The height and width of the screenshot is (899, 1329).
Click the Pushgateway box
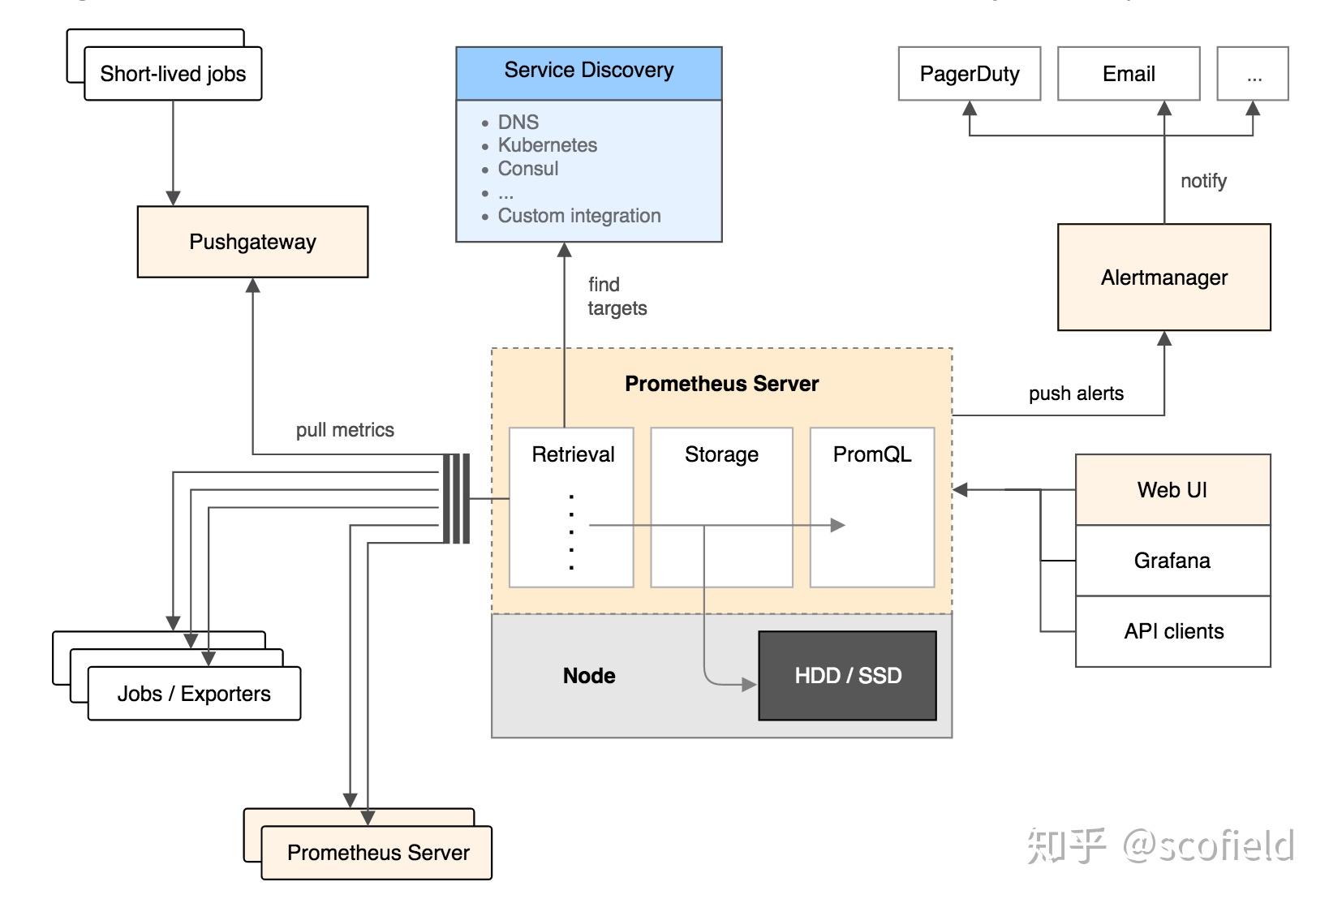252,242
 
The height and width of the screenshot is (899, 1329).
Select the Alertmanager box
1163,277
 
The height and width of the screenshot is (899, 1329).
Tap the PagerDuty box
969,74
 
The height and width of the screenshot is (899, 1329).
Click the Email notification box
1128,74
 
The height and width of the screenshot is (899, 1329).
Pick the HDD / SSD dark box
847,676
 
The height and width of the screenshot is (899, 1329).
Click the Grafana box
1172,561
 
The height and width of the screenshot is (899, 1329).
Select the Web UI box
1172,490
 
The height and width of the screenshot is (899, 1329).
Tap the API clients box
1173,631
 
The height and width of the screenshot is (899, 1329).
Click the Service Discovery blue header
588,71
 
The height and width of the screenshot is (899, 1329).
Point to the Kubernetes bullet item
547,145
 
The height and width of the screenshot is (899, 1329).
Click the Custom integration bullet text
578,216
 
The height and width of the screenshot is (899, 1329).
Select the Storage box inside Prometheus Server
721,507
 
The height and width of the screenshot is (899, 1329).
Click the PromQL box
872,507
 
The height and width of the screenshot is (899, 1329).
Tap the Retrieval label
573,454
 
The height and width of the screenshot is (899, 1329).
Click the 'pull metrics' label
345,430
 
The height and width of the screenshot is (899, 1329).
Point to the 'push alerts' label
1076,394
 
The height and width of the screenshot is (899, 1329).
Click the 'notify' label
1203,181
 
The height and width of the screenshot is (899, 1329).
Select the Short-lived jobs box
173,74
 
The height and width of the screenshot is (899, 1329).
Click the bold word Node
589,676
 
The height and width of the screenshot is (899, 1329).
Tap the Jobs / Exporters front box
194,694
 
